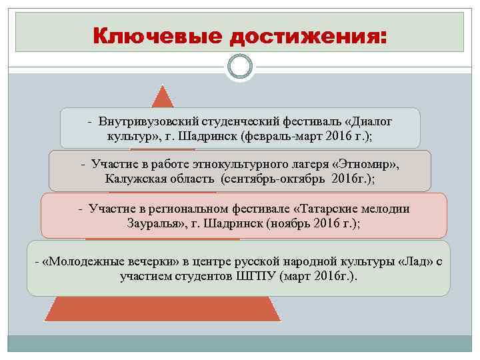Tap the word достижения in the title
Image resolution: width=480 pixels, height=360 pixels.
307,35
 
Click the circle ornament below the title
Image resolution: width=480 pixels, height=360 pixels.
239,67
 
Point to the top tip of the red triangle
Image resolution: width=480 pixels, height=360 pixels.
162,86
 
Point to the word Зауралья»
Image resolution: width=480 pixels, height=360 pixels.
155,223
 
